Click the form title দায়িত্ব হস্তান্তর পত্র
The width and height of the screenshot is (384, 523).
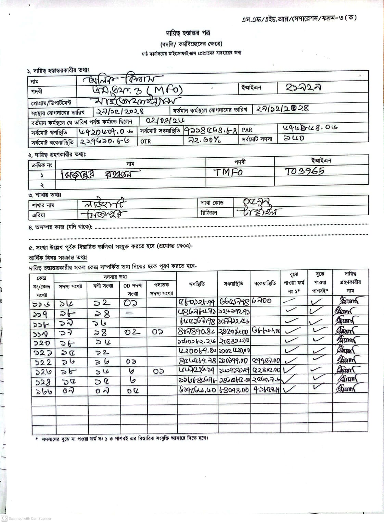click(188, 33)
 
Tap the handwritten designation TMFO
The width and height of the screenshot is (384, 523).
click(228, 172)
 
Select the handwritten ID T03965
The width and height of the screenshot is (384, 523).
click(304, 171)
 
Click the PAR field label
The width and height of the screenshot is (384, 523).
click(247, 130)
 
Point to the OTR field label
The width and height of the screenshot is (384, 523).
click(145, 141)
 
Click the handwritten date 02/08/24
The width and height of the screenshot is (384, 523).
click(165, 121)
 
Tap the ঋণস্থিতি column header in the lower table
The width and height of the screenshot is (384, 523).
click(197, 284)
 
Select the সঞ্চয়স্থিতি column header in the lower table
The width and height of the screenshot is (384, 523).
click(234, 284)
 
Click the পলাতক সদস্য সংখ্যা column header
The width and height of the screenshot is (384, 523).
click(162, 289)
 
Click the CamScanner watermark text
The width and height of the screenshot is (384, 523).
click(30, 518)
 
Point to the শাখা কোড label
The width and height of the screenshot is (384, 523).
click(212, 203)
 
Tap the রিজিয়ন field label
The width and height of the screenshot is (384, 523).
click(209, 213)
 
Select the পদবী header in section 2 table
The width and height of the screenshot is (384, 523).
click(240, 162)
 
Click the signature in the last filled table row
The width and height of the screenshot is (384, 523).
click(346, 389)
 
